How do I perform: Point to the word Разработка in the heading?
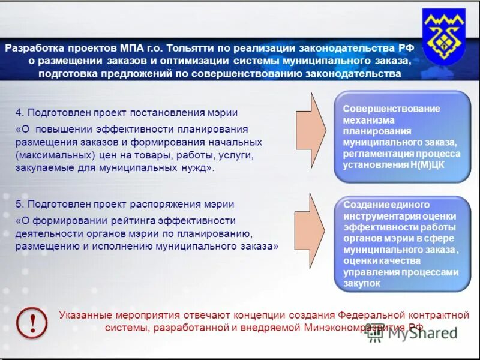31,49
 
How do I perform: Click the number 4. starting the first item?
20,113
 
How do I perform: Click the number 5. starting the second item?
20,205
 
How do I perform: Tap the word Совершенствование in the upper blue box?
391,109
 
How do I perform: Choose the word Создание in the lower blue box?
364,205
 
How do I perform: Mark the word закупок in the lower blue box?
362,284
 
